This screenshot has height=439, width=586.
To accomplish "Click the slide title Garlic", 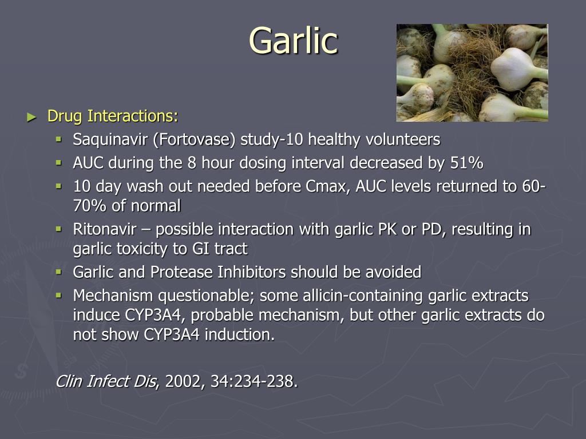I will click(x=293, y=41).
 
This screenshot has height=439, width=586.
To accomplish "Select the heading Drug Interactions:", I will click(x=113, y=116).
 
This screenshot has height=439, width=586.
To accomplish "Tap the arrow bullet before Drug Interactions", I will click(x=31, y=117).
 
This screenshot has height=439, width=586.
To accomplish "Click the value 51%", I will click(x=466, y=163).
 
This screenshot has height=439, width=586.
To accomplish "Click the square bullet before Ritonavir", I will click(x=58, y=229).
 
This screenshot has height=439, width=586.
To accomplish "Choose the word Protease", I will click(x=183, y=273).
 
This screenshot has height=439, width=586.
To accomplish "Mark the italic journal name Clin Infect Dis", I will click(x=106, y=381).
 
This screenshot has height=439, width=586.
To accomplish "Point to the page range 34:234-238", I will click(x=253, y=381).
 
